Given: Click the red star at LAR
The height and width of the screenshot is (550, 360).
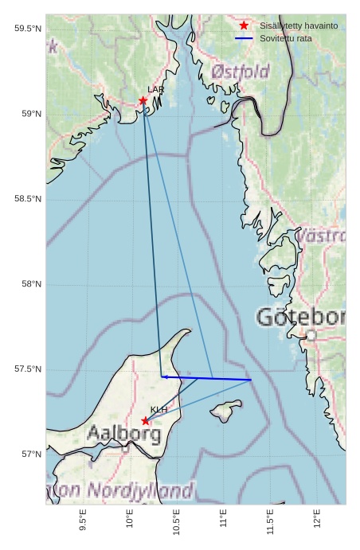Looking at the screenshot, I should (x=143, y=100).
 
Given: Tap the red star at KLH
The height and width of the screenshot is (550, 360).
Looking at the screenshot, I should (x=145, y=420).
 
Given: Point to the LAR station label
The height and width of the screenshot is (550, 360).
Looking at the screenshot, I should (x=155, y=90).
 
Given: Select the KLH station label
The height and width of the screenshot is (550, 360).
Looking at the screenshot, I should (x=158, y=410).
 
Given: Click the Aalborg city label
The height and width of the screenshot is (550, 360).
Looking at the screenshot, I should (x=123, y=435).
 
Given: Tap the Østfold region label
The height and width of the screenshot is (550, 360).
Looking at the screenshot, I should (x=241, y=72).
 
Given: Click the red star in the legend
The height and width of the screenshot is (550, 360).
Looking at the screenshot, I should (x=244, y=26).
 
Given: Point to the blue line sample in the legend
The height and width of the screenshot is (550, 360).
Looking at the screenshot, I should (x=244, y=38).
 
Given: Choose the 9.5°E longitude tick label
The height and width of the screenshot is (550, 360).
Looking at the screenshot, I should (x=84, y=521).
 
